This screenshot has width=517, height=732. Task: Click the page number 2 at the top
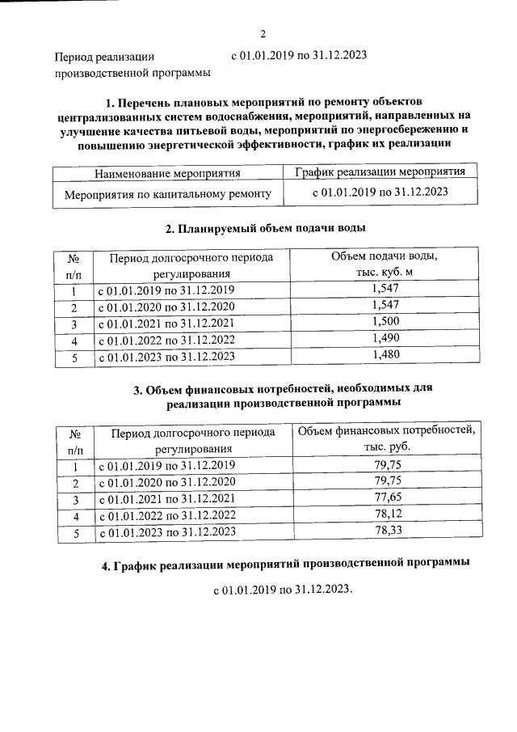263,33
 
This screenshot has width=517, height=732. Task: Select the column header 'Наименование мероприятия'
167,173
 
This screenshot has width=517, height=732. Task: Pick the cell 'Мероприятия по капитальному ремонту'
167,193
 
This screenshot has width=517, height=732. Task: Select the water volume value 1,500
385,323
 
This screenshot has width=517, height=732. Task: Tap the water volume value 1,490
385,338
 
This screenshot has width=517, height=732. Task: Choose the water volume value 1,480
385,354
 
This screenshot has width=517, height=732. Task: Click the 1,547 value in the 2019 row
385,289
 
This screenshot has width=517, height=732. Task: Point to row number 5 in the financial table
75,532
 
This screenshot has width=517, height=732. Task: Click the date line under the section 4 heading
284,590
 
